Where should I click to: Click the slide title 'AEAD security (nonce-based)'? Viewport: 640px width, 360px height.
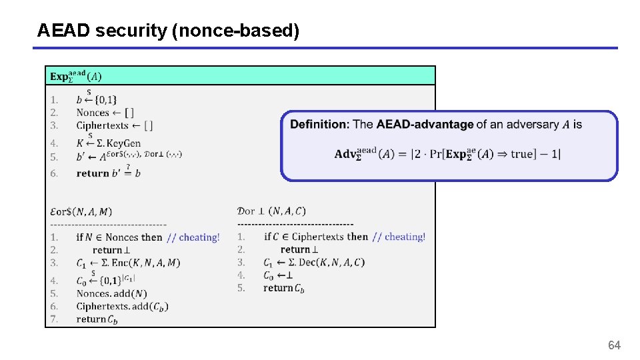(x=168, y=30)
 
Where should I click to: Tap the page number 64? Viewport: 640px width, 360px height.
(x=614, y=345)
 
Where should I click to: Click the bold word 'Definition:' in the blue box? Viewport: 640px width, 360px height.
(x=319, y=125)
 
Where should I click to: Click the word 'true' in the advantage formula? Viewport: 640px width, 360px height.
(x=522, y=154)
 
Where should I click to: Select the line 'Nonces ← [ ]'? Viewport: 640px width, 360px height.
(x=105, y=113)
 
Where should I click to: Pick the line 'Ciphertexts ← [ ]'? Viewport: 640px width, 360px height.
(x=114, y=125)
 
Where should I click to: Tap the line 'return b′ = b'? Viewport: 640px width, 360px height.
(x=109, y=173)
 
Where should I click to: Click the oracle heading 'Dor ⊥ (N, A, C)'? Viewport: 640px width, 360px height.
(x=271, y=211)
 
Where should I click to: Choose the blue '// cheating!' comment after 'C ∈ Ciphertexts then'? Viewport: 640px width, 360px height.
(x=399, y=237)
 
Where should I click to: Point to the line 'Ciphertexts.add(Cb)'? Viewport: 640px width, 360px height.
(x=122, y=306)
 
